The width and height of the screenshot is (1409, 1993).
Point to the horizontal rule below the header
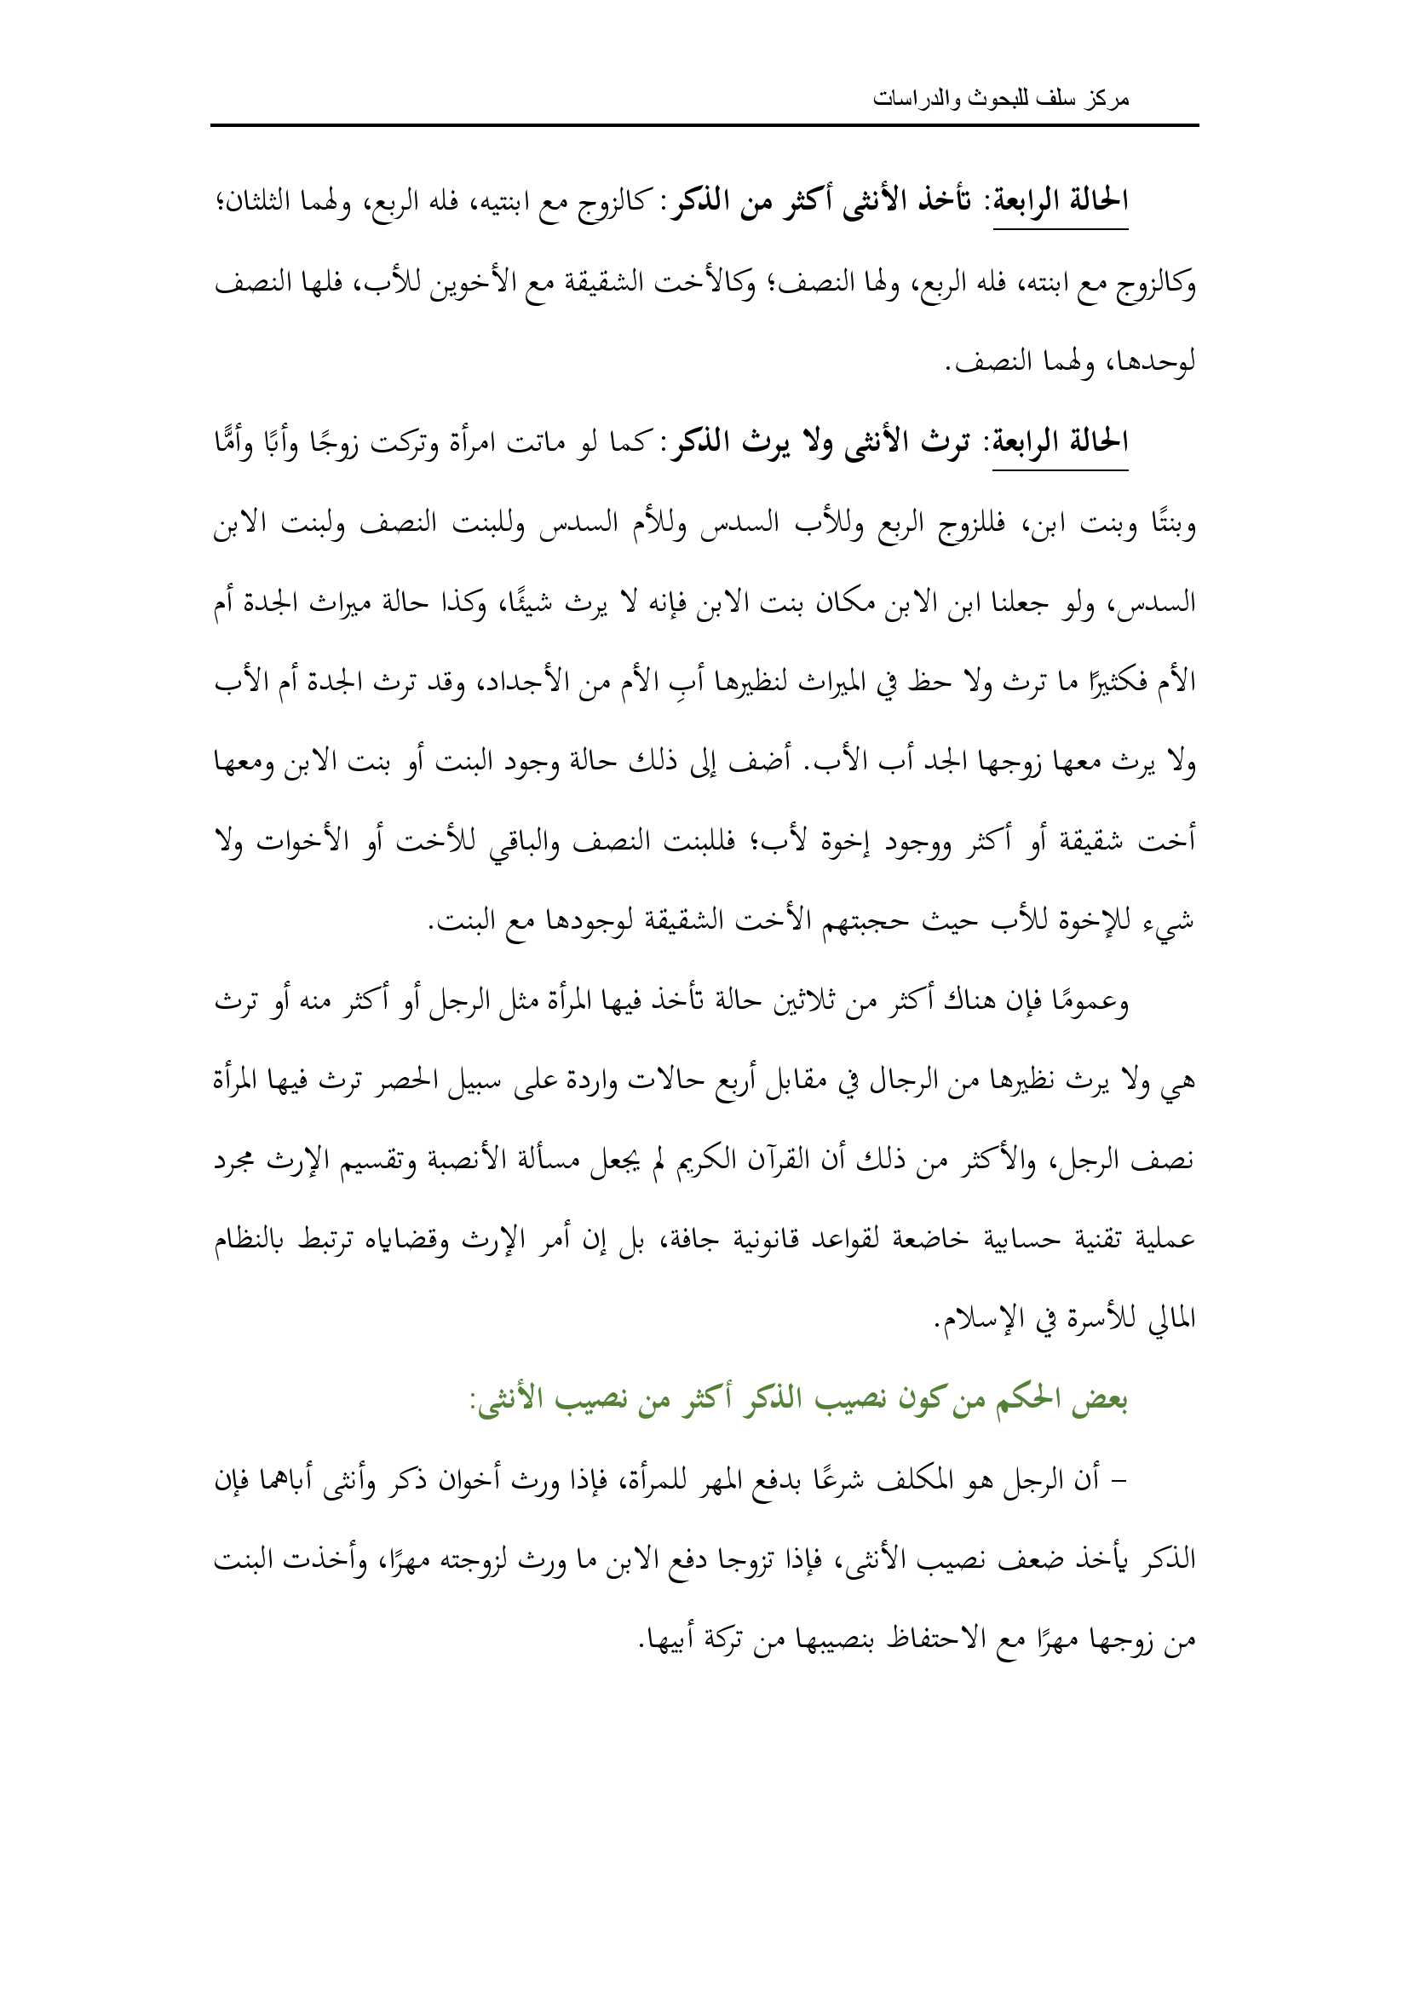(x=704, y=126)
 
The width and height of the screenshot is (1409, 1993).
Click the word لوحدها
(x=1157, y=362)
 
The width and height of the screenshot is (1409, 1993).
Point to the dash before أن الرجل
(x=1120, y=1480)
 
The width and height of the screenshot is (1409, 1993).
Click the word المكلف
(x=912, y=1480)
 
